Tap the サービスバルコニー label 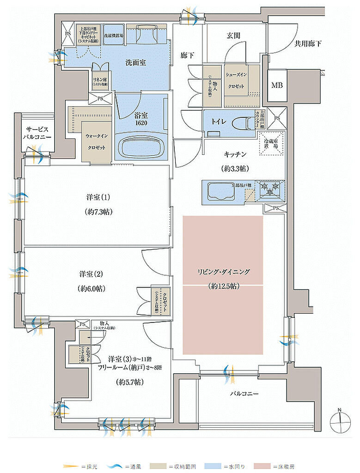pyautogui.click(x=38, y=133)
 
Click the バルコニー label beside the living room pyautogui.click(x=244, y=394)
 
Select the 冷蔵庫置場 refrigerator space pyautogui.click(x=271, y=143)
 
